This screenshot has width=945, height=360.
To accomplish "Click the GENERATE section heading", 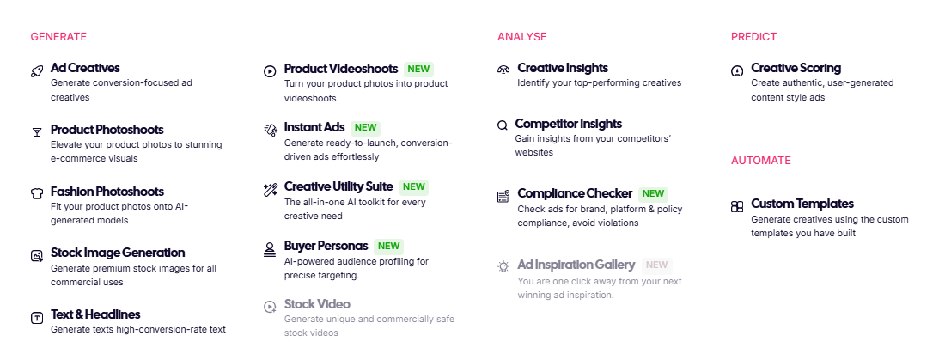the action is click(58, 37).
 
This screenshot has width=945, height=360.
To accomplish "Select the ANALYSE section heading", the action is click(522, 37).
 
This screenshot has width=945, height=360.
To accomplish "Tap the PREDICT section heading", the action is click(753, 37).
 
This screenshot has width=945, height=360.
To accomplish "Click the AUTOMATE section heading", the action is click(760, 161).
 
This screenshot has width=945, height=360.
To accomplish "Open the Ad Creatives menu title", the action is click(85, 68).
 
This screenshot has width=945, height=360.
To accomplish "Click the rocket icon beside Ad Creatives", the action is click(37, 71).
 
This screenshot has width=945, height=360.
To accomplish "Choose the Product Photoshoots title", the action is click(107, 130).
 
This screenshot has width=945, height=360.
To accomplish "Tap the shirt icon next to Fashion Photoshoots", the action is click(37, 193).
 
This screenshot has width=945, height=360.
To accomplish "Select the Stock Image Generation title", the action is click(118, 253).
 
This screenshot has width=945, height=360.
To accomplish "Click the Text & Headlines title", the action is click(95, 314).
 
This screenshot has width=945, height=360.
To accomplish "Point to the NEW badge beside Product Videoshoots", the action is click(419, 69).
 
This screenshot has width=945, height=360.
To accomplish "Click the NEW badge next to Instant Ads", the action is click(365, 127).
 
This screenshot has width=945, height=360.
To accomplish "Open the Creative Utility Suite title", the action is click(338, 187).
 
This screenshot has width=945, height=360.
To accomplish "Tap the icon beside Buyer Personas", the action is click(270, 250).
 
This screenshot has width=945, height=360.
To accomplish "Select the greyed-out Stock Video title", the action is click(317, 304).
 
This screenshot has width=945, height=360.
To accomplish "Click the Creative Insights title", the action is click(563, 68).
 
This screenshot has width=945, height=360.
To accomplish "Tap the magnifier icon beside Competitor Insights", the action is click(503, 126).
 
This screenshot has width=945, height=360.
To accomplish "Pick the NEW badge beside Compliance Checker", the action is click(653, 193).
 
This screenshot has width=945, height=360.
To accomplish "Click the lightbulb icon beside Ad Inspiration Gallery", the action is click(503, 266).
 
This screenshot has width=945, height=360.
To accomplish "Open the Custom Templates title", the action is click(802, 204).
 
